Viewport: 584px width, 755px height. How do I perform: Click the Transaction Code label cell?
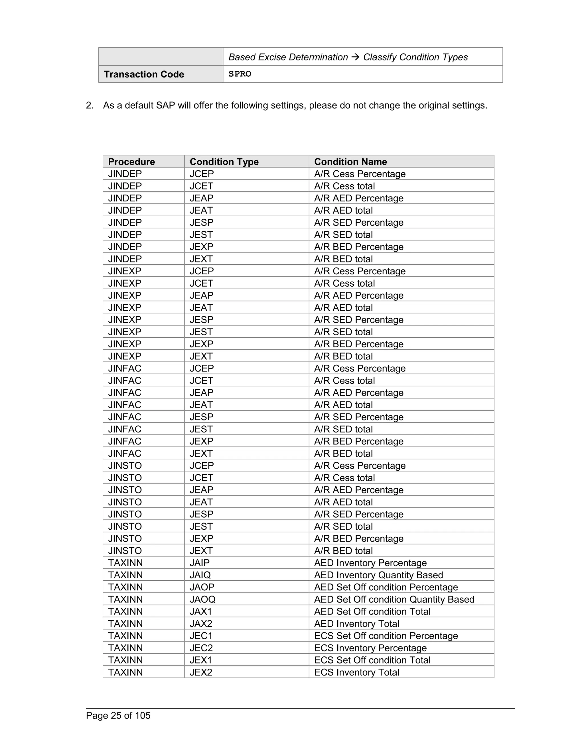(x=144, y=74)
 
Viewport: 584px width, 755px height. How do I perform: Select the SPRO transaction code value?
(x=240, y=74)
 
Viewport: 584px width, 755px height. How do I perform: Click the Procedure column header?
(x=131, y=162)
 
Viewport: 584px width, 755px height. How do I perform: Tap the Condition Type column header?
(x=224, y=162)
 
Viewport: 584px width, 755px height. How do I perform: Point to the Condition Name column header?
(x=350, y=162)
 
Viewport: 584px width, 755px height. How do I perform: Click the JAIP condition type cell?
(x=200, y=563)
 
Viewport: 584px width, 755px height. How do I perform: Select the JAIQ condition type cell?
(x=200, y=575)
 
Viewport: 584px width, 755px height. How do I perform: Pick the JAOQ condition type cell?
(x=202, y=599)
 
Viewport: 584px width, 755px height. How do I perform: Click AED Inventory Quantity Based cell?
(x=378, y=575)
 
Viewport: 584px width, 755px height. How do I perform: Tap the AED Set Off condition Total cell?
(x=372, y=611)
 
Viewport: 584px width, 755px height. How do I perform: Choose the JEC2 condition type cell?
(x=201, y=648)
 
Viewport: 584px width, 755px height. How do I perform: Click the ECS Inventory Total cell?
(x=357, y=672)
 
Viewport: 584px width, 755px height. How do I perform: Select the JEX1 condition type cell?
(x=201, y=660)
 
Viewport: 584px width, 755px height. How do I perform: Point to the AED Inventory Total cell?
(x=357, y=624)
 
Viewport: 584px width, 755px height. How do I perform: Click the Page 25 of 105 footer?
(x=118, y=715)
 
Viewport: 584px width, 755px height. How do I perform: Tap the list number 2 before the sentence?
(x=89, y=105)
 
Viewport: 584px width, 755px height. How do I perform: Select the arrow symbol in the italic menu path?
(x=355, y=57)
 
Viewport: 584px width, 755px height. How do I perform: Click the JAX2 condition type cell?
(x=201, y=624)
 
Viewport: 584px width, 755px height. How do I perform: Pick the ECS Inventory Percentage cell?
(x=370, y=648)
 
